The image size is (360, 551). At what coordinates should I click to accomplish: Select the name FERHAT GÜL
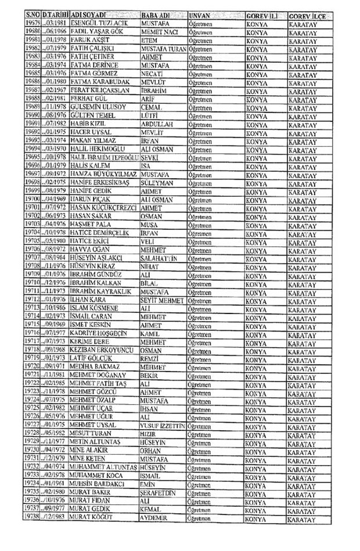pyautogui.click(x=87, y=100)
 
